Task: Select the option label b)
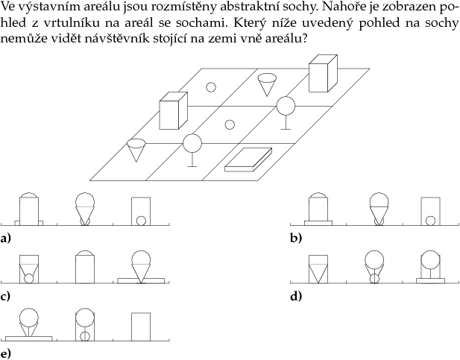296,239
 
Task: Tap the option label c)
6,296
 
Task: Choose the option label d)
296,296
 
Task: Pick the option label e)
6,353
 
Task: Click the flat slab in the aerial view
249,160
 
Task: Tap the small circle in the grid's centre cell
230,124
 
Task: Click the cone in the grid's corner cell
136,149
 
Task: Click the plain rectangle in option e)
141,326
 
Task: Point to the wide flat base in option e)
28,338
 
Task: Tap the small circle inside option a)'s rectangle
140,219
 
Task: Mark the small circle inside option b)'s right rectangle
430,220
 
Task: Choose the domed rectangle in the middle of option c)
84,268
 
